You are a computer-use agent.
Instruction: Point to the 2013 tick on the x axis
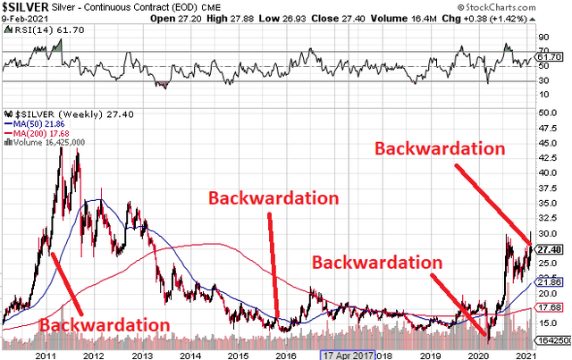(x=141, y=355)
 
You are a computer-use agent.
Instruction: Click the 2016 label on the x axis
(x=285, y=355)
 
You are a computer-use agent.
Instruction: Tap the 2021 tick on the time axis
(x=521, y=355)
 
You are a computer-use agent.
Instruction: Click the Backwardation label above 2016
(x=273, y=197)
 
